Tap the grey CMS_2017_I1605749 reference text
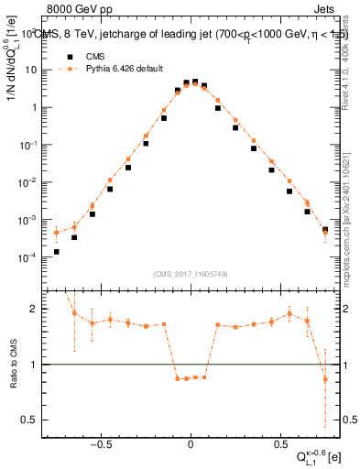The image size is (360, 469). (x=190, y=274)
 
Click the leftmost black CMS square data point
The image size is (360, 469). (x=57, y=252)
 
